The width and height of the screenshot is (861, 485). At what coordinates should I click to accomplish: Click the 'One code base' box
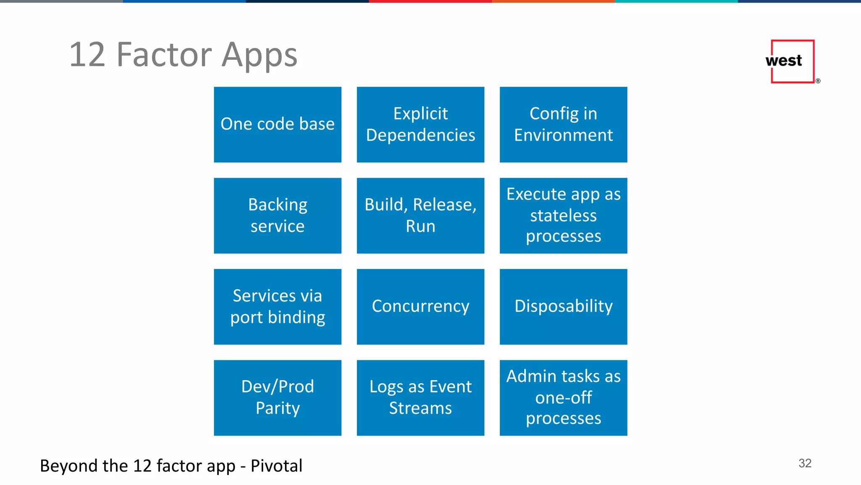point(277,125)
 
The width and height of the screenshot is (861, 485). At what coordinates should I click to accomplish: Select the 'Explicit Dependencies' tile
point(420,125)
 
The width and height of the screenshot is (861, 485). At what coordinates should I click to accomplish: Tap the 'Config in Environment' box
point(563,125)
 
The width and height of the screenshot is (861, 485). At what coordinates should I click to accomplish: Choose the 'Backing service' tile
point(277,216)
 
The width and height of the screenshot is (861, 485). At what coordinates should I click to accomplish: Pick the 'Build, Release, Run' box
point(420,216)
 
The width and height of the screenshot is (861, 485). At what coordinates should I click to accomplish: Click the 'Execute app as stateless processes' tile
point(563,216)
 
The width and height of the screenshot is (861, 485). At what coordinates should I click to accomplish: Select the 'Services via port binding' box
point(277,306)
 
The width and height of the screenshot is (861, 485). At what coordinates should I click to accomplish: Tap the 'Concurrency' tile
point(420,306)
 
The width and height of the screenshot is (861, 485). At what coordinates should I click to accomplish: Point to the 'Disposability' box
point(563,306)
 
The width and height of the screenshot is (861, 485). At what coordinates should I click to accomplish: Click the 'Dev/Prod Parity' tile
point(277,397)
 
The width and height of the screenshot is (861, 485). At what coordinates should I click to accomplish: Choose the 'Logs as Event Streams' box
point(420,397)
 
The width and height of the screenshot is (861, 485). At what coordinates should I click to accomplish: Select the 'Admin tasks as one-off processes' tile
point(563,397)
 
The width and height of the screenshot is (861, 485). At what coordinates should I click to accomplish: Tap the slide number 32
point(805,463)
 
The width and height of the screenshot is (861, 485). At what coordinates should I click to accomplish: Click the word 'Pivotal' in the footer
point(276,466)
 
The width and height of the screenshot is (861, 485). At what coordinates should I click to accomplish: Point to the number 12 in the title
point(87,55)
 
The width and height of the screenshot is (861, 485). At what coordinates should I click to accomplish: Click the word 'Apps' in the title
point(259,56)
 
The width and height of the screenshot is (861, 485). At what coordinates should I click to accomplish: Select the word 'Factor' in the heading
point(164,55)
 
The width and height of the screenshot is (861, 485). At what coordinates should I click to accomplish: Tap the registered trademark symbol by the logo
point(818,81)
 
